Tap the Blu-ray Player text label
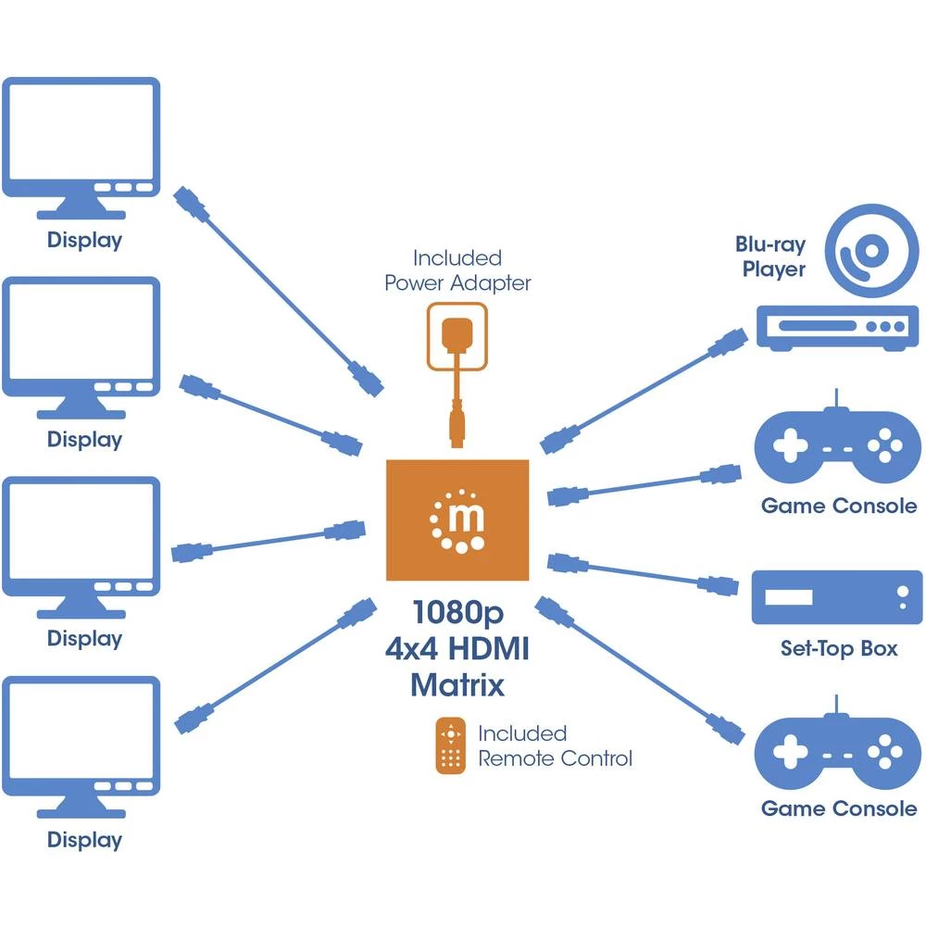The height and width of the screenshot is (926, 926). [770, 257]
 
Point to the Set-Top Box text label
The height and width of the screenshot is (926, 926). [838, 648]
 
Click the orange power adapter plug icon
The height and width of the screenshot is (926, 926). [456, 338]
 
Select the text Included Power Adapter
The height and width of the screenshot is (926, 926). [457, 270]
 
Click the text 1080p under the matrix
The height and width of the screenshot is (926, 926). [457, 613]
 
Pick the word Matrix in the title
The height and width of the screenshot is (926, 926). [457, 685]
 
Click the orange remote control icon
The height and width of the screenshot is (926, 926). [450, 746]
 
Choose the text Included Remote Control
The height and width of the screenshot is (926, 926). [554, 746]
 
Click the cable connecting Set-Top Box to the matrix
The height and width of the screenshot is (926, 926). [639, 573]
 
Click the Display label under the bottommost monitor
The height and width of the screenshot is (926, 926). [84, 840]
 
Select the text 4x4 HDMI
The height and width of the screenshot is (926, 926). [457, 649]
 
